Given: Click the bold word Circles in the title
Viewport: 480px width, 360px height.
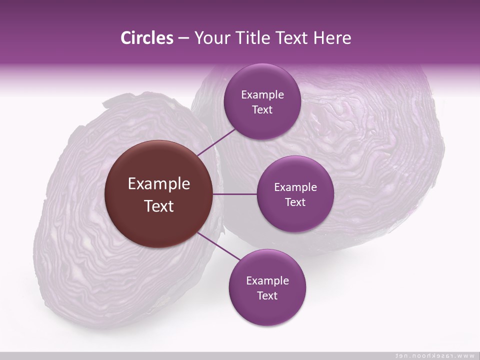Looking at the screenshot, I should click(146, 38).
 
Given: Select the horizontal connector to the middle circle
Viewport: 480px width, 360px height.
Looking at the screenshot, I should click(235, 194).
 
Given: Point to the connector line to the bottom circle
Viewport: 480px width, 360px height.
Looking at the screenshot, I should click(216, 246).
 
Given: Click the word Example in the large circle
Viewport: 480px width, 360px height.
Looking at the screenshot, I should click(159, 184).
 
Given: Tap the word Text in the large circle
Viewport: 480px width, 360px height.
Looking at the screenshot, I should click(159, 206).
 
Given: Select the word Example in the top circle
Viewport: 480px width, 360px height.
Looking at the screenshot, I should click(262, 95).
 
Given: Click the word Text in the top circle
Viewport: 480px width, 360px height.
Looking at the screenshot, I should click(262, 110).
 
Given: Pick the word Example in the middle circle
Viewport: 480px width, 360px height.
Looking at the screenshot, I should click(295, 187).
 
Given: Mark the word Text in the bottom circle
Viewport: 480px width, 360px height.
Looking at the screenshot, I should click(267, 296).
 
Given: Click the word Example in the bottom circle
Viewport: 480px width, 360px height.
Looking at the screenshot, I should click(267, 281).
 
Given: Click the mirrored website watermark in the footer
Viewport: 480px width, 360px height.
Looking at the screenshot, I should click(435, 355).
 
